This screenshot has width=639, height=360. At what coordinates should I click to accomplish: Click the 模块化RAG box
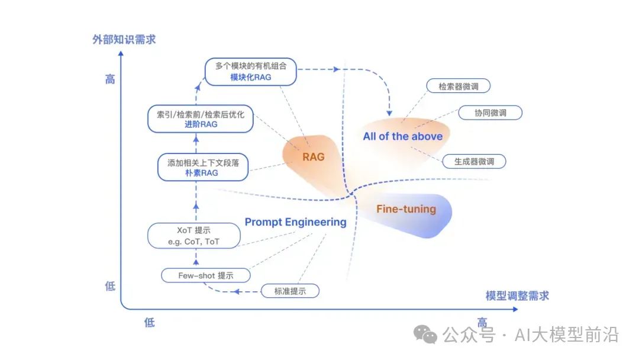tap(250, 72)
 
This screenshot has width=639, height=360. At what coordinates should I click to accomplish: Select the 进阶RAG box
tap(200, 118)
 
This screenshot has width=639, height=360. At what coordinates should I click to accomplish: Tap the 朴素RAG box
tap(202, 167)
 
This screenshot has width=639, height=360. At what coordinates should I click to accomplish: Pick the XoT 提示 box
tap(194, 236)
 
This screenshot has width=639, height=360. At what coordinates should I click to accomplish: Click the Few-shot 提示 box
tap(206, 275)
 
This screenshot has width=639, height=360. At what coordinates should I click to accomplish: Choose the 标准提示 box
tap(289, 291)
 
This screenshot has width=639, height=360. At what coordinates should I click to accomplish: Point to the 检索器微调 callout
tap(459, 86)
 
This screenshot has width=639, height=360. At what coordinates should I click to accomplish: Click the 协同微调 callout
tap(490, 113)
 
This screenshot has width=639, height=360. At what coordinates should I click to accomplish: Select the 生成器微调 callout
tap(475, 161)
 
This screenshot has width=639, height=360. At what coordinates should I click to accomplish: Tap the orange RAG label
tap(314, 157)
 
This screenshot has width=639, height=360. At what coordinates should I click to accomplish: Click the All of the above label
tap(402, 136)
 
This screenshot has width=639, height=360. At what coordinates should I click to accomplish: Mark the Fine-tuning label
tap(406, 209)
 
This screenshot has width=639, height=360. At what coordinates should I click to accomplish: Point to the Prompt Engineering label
tap(295, 222)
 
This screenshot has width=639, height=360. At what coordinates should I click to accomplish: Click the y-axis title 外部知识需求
tap(124, 40)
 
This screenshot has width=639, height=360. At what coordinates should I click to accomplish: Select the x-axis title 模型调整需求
tap(517, 295)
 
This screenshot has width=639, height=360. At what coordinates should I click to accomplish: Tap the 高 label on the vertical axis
tap(110, 79)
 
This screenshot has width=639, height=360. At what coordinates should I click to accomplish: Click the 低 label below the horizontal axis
tap(149, 323)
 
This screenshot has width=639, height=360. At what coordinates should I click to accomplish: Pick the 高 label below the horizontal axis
tap(482, 323)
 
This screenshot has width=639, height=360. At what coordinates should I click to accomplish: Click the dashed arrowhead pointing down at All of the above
tap(390, 112)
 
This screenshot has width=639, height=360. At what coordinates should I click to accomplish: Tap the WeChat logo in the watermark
tap(426, 335)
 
